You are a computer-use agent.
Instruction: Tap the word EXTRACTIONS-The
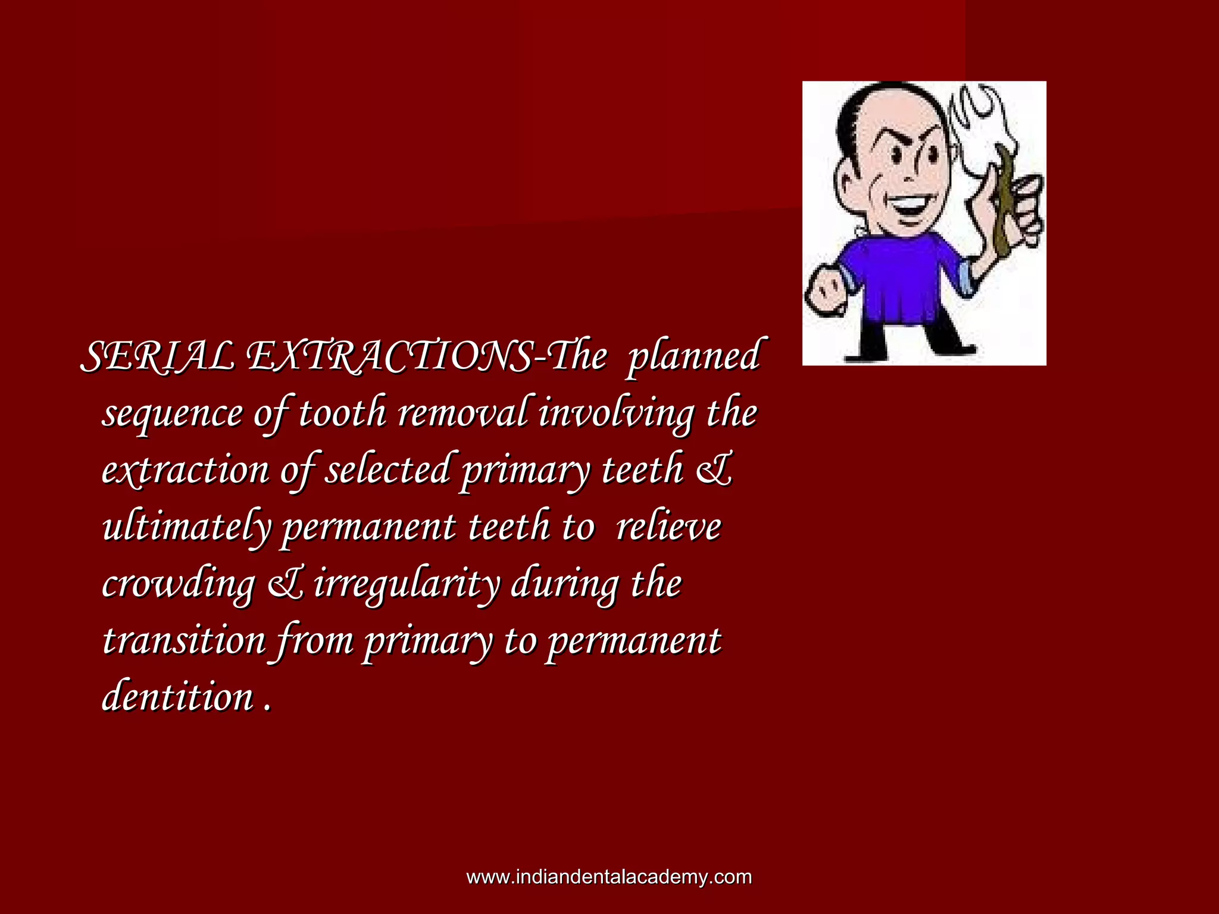click(x=426, y=357)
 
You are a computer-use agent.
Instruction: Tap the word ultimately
click(x=186, y=527)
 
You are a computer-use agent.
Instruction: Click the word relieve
click(x=668, y=527)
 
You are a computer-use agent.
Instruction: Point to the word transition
click(x=183, y=641)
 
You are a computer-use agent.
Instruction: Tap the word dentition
click(x=177, y=697)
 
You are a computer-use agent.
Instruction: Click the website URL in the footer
click(x=609, y=877)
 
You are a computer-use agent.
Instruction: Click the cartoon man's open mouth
click(x=907, y=208)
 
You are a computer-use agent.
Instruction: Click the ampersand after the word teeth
click(x=714, y=470)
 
